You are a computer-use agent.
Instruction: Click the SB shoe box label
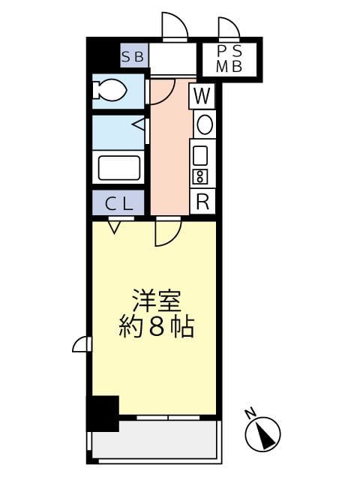[136, 55]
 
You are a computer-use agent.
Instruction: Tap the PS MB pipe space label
[229, 58]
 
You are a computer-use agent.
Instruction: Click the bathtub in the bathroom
[118, 166]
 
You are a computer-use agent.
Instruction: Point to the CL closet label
[118, 202]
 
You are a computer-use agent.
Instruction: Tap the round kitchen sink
[203, 124]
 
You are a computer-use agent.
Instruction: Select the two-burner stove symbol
[200, 177]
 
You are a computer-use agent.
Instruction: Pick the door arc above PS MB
[229, 28]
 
